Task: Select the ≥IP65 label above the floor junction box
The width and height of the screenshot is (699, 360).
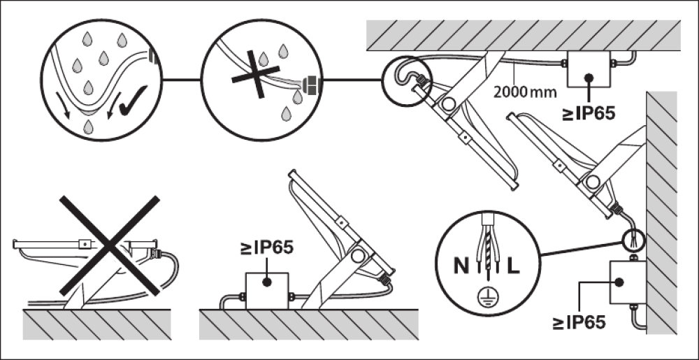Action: tap(266, 248)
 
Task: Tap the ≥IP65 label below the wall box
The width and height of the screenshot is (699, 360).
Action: tap(579, 323)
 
